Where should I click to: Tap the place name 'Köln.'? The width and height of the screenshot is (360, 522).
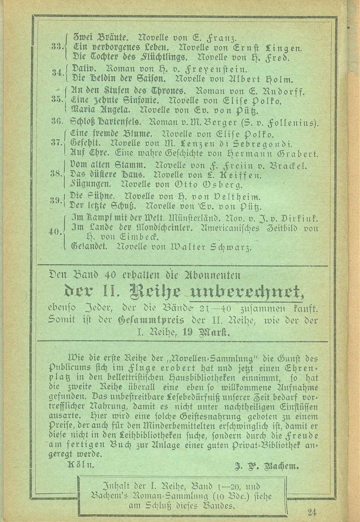click(81, 464)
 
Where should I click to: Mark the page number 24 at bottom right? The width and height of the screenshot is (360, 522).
click(312, 512)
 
